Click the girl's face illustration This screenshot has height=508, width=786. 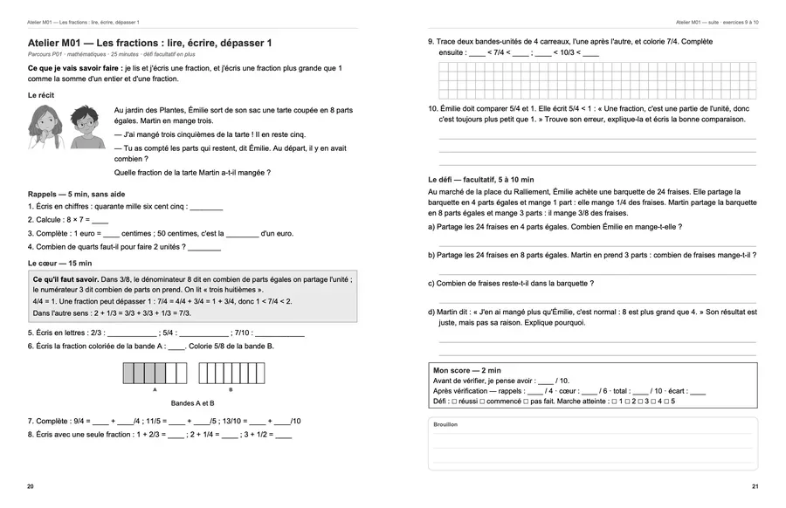pos(45,127)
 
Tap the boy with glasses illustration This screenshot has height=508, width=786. pos(87,127)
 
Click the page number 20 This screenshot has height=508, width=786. pos(31,486)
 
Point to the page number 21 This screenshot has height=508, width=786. pos(755,486)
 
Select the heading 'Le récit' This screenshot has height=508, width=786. pos(41,95)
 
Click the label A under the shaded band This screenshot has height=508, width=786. pos(155,389)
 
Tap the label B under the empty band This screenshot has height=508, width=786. pos(231,389)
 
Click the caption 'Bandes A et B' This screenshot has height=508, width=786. pos(192,403)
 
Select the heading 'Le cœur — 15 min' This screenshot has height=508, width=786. pos(59,263)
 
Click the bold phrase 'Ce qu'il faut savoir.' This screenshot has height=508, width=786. pos(65,279)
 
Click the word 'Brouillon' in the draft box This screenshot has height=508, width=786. pos(445,424)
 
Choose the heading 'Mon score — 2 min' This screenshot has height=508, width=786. pos(466,371)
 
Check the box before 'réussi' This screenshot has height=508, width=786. pos(454,402)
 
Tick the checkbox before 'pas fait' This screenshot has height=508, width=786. pos(526,402)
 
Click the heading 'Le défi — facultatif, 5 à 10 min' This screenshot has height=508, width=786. pos(480,180)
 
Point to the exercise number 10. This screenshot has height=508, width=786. pos(433,109)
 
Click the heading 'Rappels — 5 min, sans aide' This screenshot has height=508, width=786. pos(76,195)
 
